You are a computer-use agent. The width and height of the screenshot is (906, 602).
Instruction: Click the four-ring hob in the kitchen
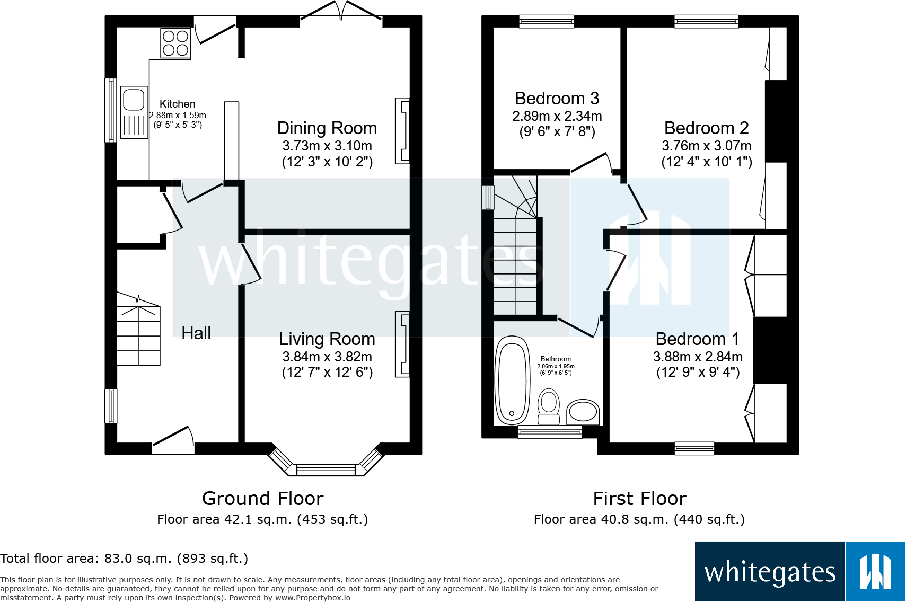point(175,43)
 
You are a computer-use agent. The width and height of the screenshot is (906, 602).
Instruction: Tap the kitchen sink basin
point(134,100)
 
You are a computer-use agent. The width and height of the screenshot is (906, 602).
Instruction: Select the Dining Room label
point(327,128)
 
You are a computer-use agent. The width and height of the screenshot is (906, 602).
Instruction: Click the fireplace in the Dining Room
point(402,130)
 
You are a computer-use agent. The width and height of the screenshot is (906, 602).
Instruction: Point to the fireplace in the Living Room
point(402,344)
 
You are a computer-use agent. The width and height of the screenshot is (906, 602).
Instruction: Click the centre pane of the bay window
point(326,470)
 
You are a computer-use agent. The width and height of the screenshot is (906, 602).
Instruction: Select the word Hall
point(196,333)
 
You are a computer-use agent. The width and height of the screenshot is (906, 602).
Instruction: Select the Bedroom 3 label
point(557,99)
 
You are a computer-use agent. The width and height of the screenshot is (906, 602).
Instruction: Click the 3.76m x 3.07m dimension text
point(706,146)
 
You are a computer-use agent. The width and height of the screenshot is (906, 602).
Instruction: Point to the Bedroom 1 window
point(694,448)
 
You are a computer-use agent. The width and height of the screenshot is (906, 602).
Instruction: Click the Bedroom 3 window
point(547,21)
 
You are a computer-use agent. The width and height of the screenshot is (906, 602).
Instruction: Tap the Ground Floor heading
point(262,499)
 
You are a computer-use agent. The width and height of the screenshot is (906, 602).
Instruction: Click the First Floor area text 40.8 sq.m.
point(639,519)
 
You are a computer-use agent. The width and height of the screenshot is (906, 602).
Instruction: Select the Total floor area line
point(124,559)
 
